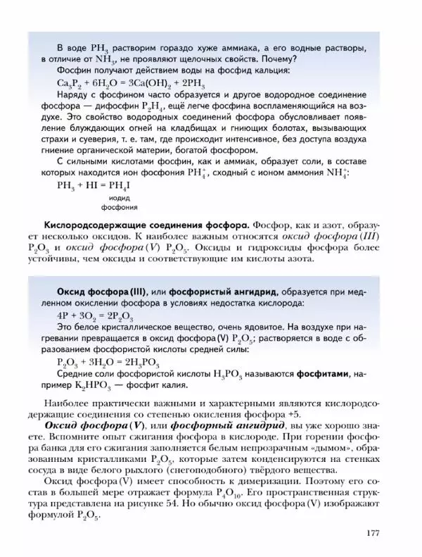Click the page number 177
point(373,532)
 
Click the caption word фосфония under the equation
point(119,208)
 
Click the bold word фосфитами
point(326,374)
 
